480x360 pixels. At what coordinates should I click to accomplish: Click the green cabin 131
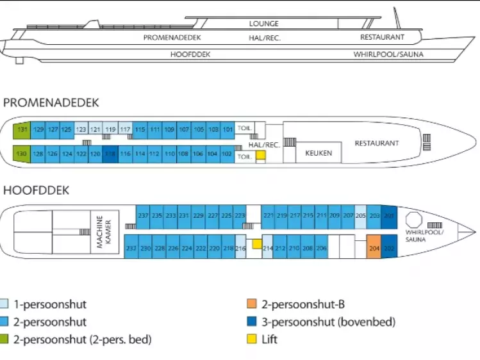click(22, 129)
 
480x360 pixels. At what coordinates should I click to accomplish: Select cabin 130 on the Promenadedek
click(22, 154)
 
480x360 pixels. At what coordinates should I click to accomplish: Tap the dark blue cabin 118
click(110, 154)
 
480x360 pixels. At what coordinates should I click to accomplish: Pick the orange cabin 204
click(374, 247)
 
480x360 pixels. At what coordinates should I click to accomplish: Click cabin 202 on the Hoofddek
click(389, 247)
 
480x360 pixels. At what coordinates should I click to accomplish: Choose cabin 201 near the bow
click(389, 216)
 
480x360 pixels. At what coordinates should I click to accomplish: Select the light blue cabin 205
click(360, 216)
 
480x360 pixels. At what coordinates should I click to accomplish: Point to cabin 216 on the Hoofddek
click(241, 247)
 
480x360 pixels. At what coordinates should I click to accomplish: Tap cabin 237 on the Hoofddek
click(143, 216)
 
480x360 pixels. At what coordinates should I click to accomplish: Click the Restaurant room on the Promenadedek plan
click(376, 143)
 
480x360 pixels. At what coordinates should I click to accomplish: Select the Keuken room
click(318, 154)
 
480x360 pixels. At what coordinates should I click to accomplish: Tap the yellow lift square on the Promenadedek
click(261, 155)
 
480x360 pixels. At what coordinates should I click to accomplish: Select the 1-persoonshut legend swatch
click(5, 305)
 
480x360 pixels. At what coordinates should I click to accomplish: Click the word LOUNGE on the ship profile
click(264, 24)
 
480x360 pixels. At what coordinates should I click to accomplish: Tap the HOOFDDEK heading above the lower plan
click(36, 191)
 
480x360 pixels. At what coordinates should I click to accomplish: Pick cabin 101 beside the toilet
click(228, 129)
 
